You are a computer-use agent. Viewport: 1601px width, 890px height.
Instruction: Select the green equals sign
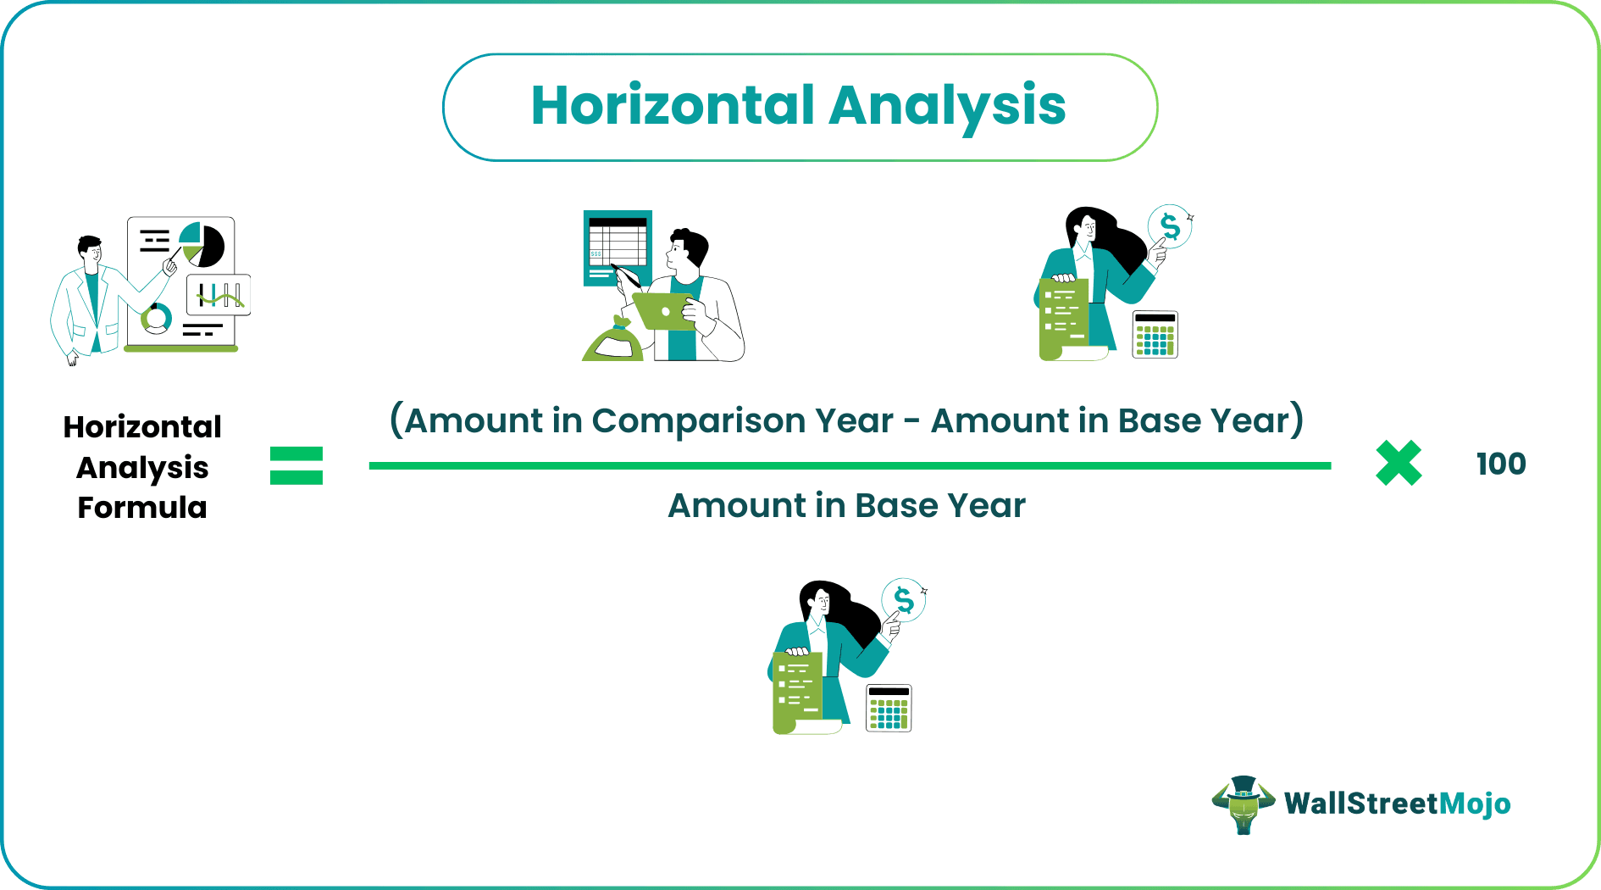click(x=296, y=465)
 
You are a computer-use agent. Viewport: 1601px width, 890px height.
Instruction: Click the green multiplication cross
click(x=1399, y=464)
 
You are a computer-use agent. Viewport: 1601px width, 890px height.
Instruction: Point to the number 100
click(x=1501, y=464)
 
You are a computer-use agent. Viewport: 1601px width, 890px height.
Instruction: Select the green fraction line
click(x=850, y=465)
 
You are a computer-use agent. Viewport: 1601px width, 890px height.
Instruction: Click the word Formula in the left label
click(x=142, y=508)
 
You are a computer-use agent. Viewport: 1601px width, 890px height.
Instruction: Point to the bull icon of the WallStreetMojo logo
click(x=1243, y=804)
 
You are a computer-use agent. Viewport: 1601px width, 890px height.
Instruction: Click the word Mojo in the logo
click(x=1475, y=804)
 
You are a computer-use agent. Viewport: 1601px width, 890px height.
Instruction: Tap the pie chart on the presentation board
click(x=202, y=244)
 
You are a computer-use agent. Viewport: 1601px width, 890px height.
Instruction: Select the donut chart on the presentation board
click(x=156, y=319)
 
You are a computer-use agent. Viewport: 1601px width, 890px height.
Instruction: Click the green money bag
click(x=613, y=339)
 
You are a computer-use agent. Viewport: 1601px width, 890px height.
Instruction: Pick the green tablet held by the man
click(x=663, y=310)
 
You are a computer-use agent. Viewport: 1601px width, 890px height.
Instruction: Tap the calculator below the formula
click(x=889, y=708)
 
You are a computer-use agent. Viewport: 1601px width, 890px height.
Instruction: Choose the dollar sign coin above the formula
click(x=1170, y=226)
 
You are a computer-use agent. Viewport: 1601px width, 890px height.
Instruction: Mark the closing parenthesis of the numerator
click(x=1296, y=420)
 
